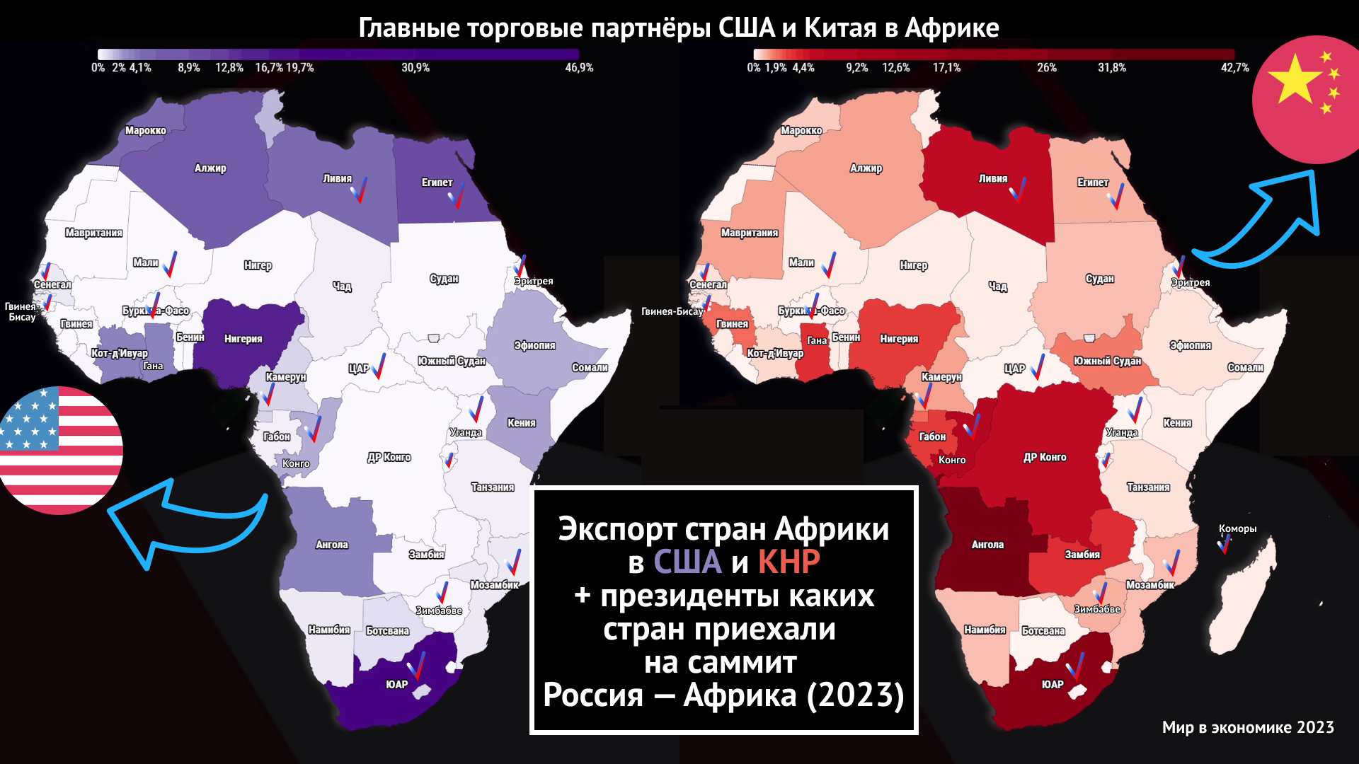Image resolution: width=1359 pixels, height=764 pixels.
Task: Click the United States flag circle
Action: (60, 450)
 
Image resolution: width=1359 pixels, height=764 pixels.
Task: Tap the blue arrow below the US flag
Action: (184, 523)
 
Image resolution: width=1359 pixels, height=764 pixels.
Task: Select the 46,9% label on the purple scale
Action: (578, 68)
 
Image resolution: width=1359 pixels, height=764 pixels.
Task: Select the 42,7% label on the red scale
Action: (1234, 68)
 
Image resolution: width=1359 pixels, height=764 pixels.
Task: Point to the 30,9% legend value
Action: (415, 68)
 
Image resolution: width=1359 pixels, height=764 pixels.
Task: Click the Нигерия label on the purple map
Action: (243, 339)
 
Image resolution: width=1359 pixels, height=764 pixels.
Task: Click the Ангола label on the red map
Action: (987, 545)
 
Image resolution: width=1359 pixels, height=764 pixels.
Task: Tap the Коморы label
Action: (1237, 528)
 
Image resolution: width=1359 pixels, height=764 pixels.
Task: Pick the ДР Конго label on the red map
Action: (1045, 458)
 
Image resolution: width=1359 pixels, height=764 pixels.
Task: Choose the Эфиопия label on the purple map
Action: (534, 346)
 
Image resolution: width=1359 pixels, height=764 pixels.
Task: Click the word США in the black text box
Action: (687, 562)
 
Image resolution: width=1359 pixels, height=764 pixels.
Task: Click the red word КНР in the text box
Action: (789, 562)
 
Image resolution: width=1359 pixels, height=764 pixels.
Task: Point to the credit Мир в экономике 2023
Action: (1247, 727)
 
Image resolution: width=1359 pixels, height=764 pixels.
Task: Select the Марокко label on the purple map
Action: (146, 131)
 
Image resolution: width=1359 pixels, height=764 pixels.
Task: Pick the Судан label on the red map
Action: (1099, 279)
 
